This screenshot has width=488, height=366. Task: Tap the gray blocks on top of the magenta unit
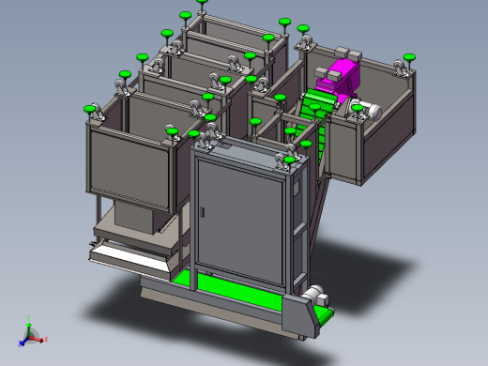pyautogui.click(x=348, y=55)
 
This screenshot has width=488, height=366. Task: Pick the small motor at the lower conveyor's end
pyautogui.click(x=313, y=294)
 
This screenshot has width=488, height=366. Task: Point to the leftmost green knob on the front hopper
pyautogui.click(x=92, y=110)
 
